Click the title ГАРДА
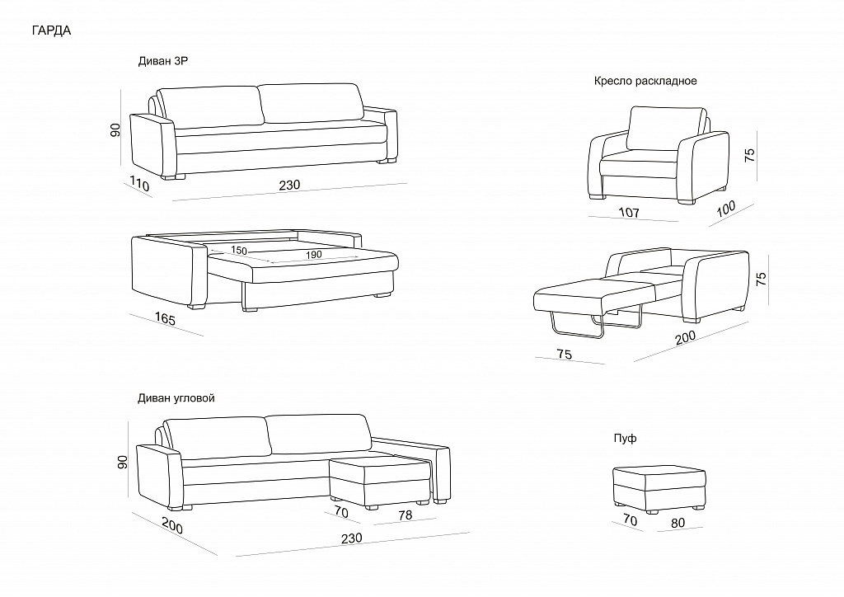click(x=50, y=31)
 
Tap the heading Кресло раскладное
click(x=645, y=81)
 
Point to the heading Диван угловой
click(x=176, y=397)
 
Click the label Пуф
click(x=625, y=438)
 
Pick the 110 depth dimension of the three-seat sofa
click(x=139, y=186)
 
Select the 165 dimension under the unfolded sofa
click(x=165, y=319)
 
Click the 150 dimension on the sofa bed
click(x=239, y=251)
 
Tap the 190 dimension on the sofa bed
click(x=313, y=255)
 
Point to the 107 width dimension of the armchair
click(x=628, y=214)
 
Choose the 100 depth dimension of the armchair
click(x=726, y=209)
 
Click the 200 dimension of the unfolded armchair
click(x=685, y=337)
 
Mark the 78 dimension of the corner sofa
click(x=404, y=515)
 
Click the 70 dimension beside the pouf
click(x=631, y=520)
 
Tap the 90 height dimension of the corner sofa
click(x=121, y=463)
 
